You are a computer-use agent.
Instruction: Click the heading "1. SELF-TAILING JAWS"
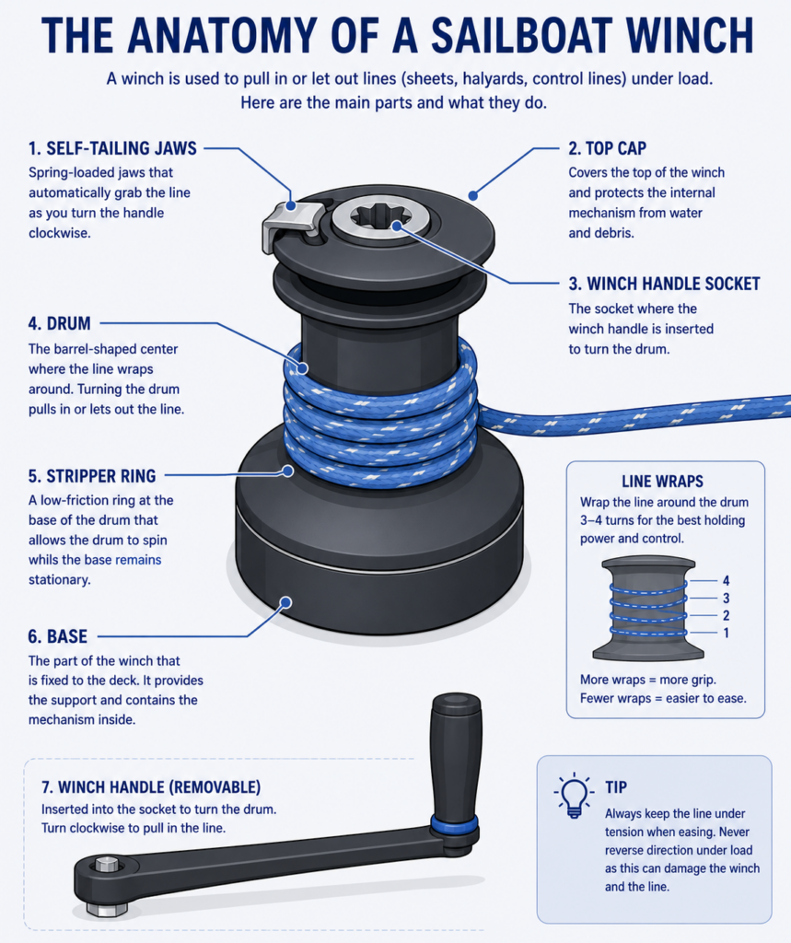(112, 148)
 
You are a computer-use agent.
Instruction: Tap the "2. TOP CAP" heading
(608, 148)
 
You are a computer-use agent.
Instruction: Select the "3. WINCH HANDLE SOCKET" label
(664, 284)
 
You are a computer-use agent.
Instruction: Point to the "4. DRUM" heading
(60, 323)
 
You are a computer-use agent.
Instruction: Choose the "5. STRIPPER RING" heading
(92, 476)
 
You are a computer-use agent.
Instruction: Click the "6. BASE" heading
(58, 636)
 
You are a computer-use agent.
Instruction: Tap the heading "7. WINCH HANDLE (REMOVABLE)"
(151, 787)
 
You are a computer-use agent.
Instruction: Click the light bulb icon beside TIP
(574, 795)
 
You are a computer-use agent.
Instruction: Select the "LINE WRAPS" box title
(662, 481)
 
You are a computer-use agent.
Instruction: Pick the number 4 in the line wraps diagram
(726, 581)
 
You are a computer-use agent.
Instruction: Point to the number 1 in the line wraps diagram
(726, 633)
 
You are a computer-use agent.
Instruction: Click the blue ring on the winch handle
(454, 824)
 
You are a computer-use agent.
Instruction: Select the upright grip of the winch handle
(455, 755)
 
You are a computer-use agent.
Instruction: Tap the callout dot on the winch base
(286, 602)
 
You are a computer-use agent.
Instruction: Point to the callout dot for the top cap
(473, 195)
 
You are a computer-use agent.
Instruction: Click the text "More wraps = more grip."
(648, 680)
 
